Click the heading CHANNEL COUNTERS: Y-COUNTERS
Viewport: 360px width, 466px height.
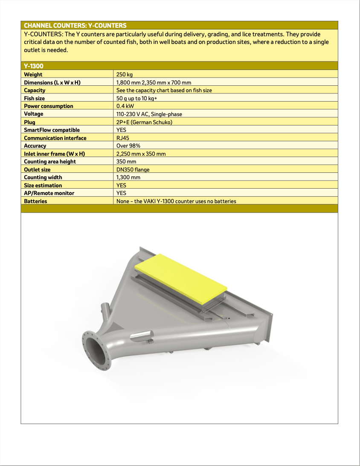tap(75, 26)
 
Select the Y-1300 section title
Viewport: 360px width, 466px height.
tap(34, 66)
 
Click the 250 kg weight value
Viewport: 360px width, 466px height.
tap(125, 74)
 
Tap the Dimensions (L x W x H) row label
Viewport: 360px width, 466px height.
tap(52, 82)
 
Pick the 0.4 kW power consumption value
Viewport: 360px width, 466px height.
tap(125, 106)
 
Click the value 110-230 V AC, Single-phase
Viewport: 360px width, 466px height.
tap(149, 114)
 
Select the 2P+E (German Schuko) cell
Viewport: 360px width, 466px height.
tap(144, 122)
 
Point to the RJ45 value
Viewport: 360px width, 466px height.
tap(123, 138)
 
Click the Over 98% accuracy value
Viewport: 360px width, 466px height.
tap(128, 146)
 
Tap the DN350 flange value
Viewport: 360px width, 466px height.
tap(133, 169)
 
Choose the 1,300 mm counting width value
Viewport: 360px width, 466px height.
tap(128, 177)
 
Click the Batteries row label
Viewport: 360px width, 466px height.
tap(35, 201)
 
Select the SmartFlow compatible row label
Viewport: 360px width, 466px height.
tap(52, 130)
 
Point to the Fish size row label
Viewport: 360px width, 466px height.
tap(34, 98)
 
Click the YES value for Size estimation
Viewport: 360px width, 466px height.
tap(122, 185)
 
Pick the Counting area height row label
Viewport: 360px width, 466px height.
tap(50, 161)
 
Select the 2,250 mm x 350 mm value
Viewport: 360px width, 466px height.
tap(141, 154)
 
